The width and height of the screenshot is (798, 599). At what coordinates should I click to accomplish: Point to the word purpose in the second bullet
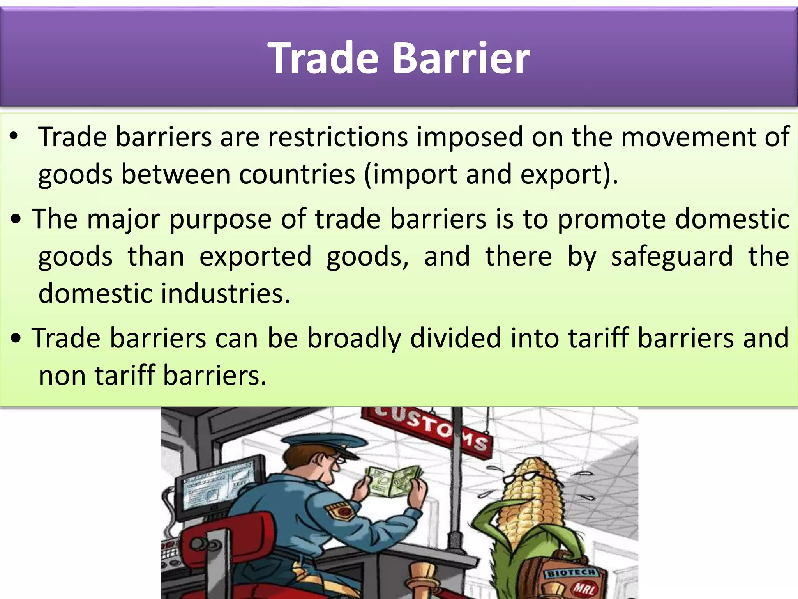coord(220,219)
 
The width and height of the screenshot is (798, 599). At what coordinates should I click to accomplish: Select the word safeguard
coord(672,256)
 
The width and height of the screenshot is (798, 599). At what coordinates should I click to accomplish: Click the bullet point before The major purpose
coord(16,220)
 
